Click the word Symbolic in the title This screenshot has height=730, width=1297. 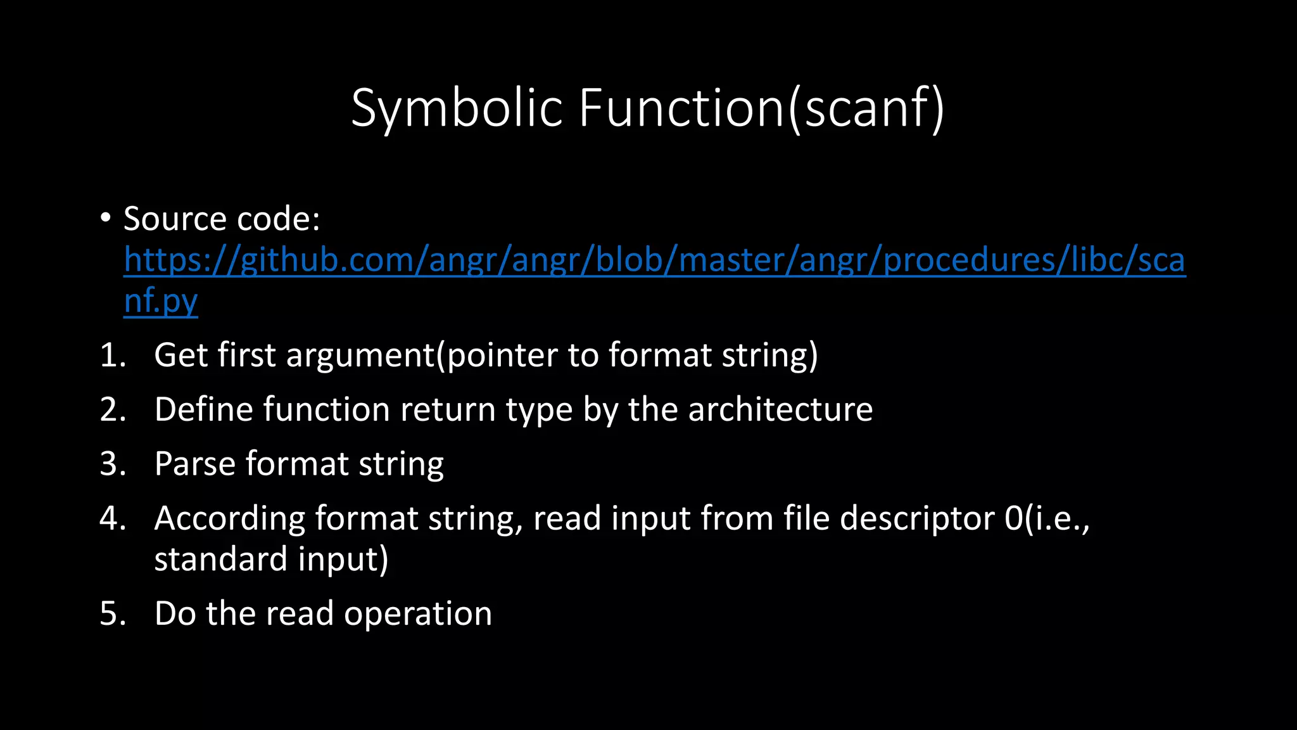click(x=457, y=108)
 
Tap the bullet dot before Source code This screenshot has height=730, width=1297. click(x=105, y=218)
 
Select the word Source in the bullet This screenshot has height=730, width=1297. click(x=175, y=219)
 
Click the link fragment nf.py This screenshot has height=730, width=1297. click(x=161, y=300)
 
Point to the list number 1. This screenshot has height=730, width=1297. click(x=111, y=355)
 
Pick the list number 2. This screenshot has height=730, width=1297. click(x=112, y=409)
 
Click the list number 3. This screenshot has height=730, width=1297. click(x=112, y=464)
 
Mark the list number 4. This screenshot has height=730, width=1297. click(x=112, y=518)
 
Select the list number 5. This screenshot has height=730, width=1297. click(x=112, y=613)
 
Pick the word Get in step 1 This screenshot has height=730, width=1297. click(x=180, y=355)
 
